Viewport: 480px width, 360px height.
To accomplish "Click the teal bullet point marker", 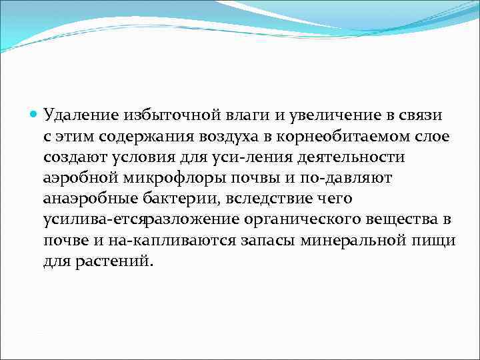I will click(34, 115).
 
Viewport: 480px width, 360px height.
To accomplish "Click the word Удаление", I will click(80, 115).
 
